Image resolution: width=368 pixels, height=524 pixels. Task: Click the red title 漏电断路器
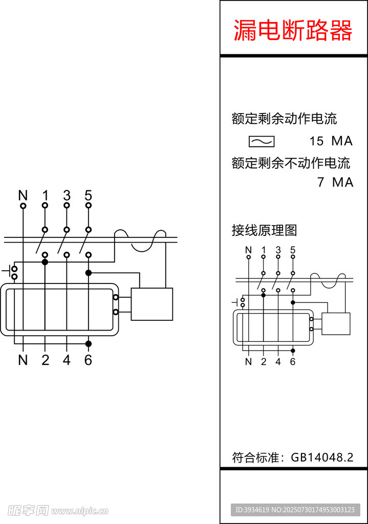pos(293,31)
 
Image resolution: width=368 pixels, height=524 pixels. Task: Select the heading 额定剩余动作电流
pos(284,119)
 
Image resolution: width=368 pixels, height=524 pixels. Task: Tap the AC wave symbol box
pos(262,141)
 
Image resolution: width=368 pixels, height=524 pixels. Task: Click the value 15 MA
pos(331,141)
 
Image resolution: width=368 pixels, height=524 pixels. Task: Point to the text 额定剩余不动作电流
pos(291,163)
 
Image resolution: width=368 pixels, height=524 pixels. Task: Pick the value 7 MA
pos(335,182)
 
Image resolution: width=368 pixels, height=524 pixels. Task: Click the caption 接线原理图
pos(264,230)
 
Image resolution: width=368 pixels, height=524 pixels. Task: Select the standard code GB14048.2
pos(322,457)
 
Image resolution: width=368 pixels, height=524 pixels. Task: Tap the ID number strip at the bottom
pos(295,510)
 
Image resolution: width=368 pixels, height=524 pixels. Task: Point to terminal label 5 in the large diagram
pos(88,195)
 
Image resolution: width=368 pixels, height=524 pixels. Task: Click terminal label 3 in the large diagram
pos(67,195)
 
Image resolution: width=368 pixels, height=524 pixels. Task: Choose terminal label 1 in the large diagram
pos(45,195)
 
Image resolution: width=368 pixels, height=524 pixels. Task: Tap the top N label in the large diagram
pos(23,195)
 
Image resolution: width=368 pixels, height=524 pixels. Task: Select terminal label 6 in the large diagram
pos(88,360)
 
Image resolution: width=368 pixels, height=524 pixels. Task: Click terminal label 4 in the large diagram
pos(67,360)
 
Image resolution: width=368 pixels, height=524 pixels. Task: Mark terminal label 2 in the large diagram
pos(45,360)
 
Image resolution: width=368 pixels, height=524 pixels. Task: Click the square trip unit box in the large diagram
pos(151,304)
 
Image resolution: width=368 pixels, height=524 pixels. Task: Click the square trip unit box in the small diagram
pos(335,323)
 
